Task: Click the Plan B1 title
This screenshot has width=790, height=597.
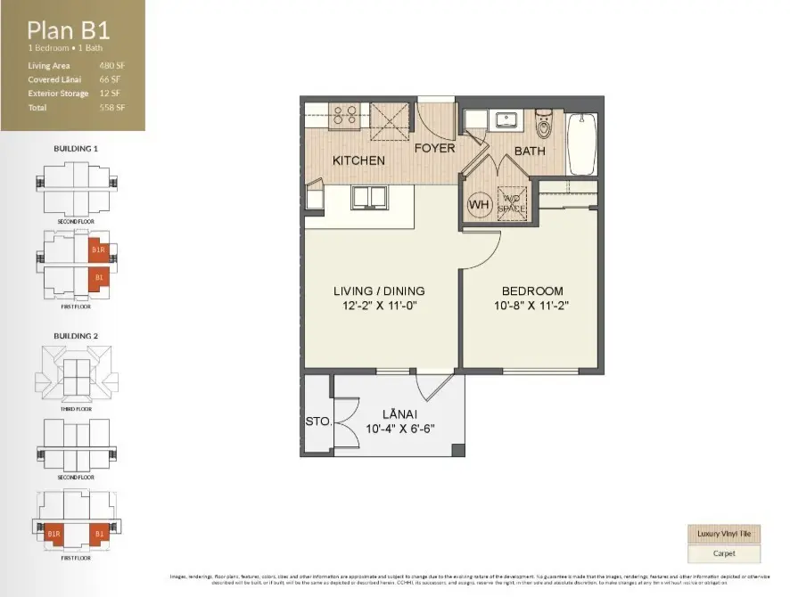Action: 69,30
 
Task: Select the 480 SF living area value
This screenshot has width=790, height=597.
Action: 111,66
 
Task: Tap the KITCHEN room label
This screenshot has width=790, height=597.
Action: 358,160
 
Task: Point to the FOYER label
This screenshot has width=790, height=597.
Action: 434,148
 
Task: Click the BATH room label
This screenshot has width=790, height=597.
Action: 530,151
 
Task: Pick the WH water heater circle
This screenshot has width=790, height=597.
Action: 480,204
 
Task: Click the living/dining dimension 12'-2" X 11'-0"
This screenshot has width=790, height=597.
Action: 379,305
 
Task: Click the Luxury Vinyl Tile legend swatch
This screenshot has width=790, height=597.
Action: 722,534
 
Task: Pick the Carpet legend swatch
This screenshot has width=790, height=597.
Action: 722,553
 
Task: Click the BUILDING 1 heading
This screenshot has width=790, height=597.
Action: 75,149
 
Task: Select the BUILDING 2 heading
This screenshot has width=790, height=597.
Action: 75,336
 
